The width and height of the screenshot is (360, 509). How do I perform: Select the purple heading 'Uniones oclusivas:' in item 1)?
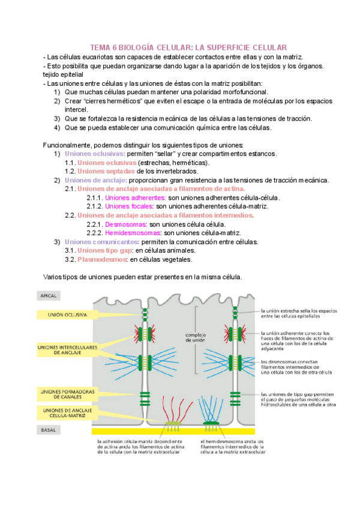tap(95, 154)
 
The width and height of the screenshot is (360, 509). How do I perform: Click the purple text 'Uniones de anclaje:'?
tap(95, 180)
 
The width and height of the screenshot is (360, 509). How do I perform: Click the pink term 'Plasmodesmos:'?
tap(102, 259)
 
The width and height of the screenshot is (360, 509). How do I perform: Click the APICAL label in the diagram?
tap(48, 296)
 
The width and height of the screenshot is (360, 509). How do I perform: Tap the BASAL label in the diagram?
tap(47, 430)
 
